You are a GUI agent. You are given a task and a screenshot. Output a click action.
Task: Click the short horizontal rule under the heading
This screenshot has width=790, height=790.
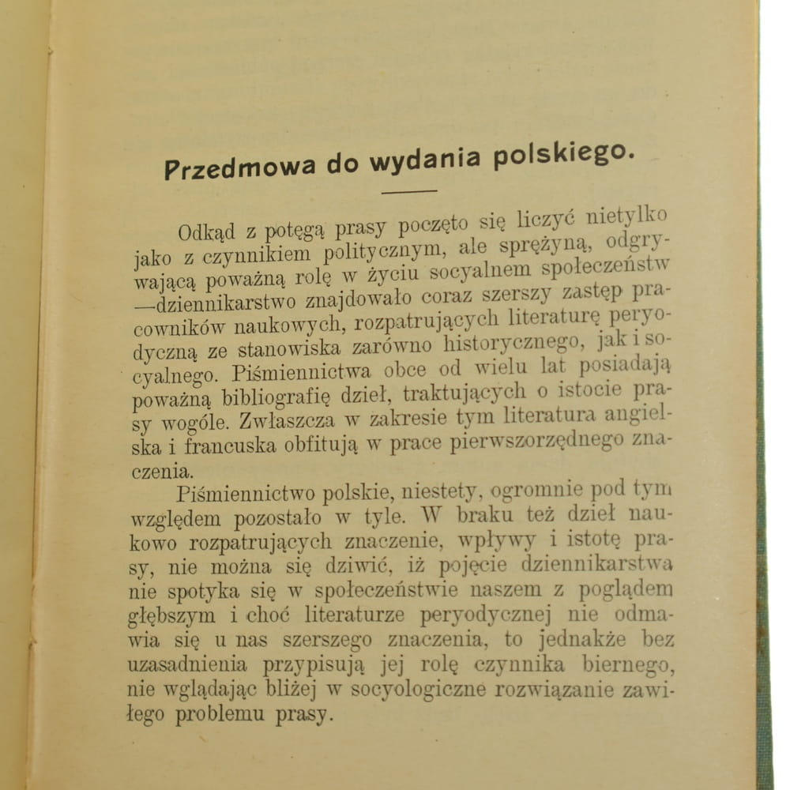(408, 191)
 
